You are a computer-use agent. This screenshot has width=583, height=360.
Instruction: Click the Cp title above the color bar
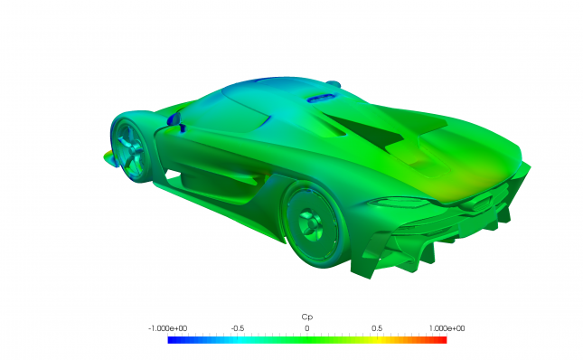pos(306,317)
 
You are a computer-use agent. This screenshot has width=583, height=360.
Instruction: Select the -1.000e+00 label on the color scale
pos(168,328)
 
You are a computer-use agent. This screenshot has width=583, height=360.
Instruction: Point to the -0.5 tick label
pos(238,328)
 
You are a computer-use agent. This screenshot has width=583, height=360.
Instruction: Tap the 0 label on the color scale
pos(307,328)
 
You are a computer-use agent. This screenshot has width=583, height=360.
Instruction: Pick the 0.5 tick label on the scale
pos(377,328)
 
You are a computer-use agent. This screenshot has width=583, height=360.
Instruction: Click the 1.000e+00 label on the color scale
pos(447,328)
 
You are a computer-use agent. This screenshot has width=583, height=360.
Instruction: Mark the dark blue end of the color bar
pos(170,340)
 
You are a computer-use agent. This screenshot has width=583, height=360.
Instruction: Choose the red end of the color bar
pos(444,340)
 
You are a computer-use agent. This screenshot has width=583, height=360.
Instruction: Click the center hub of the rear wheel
pos(309,223)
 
